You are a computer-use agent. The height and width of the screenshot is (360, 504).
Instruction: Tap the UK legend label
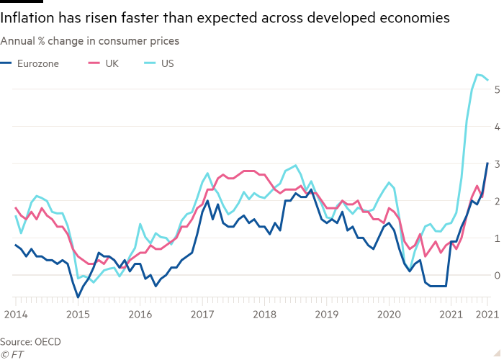[x=112, y=63]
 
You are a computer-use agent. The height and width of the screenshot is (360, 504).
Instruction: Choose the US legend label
[x=168, y=63]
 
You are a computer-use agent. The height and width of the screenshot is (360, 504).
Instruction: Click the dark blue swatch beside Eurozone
[x=6, y=63]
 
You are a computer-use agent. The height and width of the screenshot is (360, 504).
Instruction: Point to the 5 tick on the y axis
[x=495, y=89]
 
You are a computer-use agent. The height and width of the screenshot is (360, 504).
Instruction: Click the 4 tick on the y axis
[x=495, y=127]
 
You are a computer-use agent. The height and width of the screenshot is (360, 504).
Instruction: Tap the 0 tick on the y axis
[x=495, y=275]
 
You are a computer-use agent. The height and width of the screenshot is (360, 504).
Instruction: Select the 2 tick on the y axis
[x=495, y=201]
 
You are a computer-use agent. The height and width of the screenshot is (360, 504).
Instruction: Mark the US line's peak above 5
[x=477, y=74]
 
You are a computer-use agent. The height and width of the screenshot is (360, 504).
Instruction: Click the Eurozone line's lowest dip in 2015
[x=78, y=296]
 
